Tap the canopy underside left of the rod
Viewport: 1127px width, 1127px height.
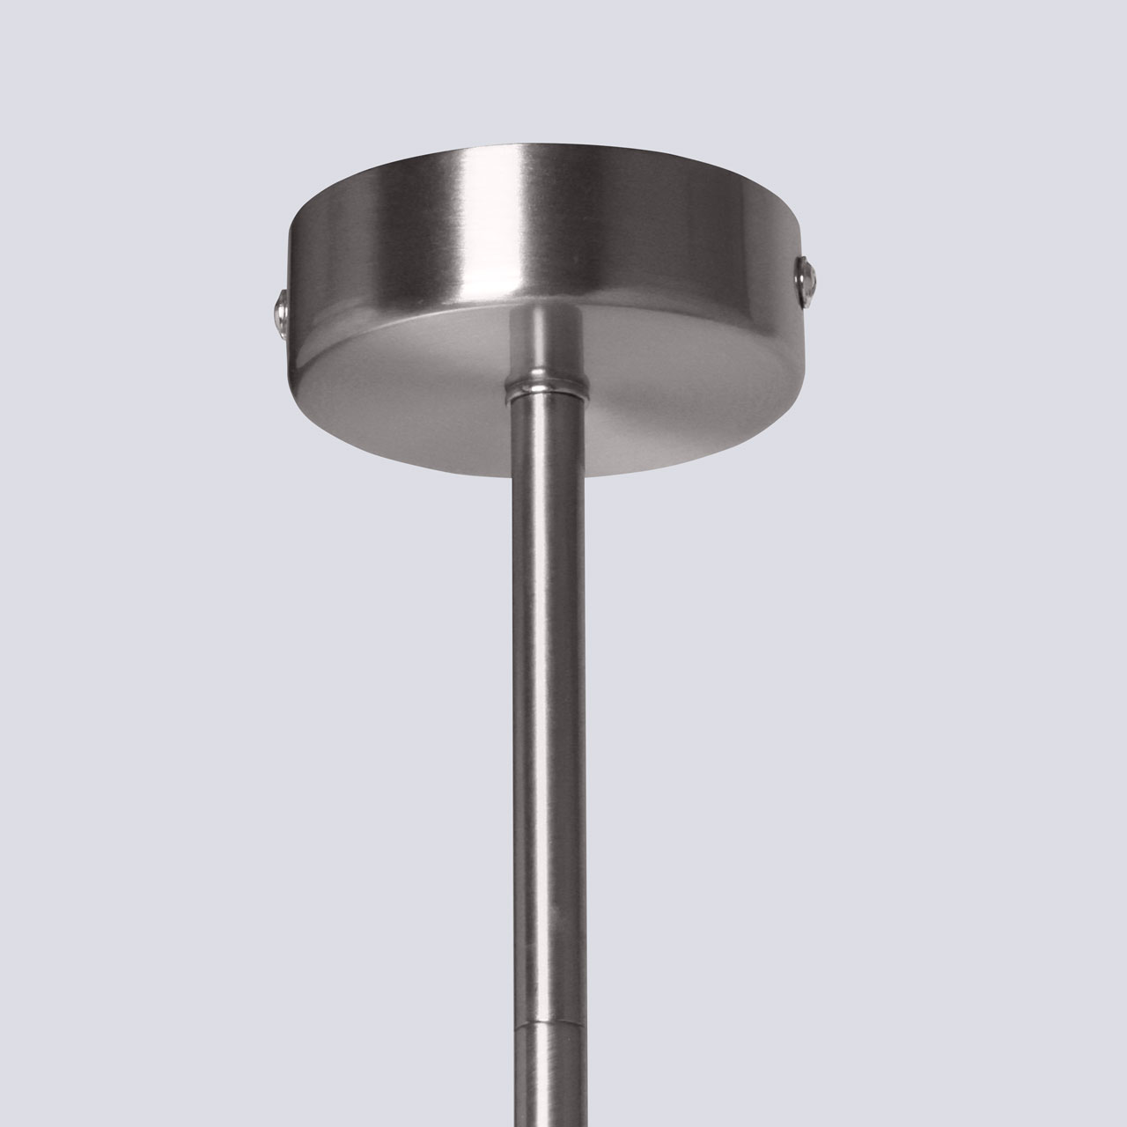[x=414, y=387]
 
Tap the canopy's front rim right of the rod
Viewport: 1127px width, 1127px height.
[x=669, y=458]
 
